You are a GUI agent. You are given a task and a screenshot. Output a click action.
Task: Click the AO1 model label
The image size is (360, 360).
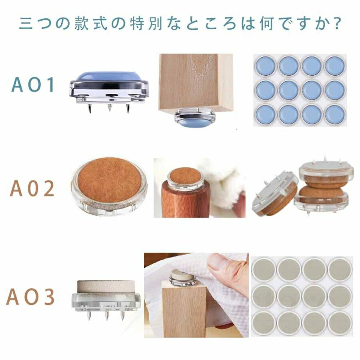33,84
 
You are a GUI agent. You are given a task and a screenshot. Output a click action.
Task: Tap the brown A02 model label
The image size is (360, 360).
32,188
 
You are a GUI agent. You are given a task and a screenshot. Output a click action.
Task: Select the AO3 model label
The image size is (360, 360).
30,296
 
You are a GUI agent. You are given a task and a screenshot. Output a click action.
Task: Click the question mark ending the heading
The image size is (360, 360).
337,23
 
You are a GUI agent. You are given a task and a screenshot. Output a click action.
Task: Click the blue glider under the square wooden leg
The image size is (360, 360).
195,117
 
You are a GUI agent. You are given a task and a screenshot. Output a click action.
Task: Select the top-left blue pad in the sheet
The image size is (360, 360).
266,66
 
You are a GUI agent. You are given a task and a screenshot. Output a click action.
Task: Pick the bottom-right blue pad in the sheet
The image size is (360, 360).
335,114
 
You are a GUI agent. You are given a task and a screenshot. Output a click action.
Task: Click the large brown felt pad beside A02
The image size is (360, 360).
109,180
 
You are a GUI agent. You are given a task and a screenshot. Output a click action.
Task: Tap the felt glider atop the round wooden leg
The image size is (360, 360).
186,179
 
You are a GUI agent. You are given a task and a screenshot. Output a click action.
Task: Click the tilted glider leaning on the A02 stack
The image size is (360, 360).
275,194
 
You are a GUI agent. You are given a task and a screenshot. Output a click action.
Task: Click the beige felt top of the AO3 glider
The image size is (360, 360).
106,286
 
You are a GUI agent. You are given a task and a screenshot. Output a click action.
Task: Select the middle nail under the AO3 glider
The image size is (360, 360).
106,316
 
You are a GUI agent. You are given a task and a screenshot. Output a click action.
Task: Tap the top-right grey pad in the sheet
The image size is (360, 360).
340,269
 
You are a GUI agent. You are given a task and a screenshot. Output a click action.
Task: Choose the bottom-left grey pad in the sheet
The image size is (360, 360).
264,323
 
